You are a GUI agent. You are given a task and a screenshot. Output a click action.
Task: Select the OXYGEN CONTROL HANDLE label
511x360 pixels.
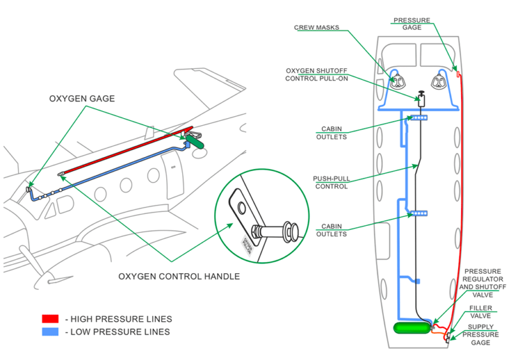(x=179, y=276)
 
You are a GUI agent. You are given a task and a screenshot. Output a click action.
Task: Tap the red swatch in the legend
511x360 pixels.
(x=50, y=319)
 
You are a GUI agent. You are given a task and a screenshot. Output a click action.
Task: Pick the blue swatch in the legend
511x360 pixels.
(x=50, y=332)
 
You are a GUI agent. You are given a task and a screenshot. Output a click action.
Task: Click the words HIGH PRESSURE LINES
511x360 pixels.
(x=121, y=319)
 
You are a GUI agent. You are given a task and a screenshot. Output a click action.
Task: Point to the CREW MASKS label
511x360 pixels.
(x=316, y=27)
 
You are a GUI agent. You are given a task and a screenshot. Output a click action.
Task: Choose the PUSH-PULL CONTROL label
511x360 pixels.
(x=330, y=183)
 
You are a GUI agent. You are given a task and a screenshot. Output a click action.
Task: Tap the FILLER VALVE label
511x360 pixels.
(x=481, y=311)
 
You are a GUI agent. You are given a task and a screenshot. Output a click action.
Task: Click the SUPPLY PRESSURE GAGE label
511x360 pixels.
(x=480, y=334)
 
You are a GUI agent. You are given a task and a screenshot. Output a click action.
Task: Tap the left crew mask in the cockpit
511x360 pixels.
(x=399, y=82)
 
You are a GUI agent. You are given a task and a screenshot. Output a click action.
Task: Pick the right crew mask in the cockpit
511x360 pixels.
(x=439, y=81)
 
